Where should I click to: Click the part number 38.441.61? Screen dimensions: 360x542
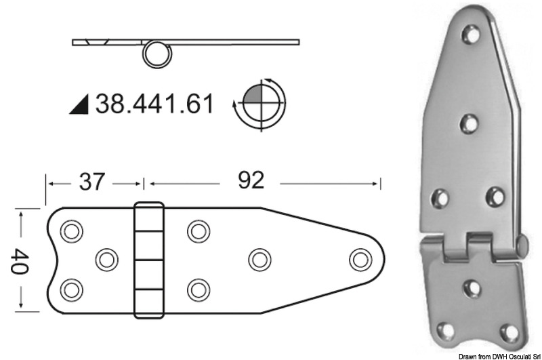[154, 104]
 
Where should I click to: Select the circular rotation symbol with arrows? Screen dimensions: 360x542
[258, 103]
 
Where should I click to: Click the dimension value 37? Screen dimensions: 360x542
[92, 181]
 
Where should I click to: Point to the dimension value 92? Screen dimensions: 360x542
[251, 180]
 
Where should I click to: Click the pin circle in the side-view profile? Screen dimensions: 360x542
[156, 54]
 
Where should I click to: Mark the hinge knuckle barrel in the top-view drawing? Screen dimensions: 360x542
[149, 260]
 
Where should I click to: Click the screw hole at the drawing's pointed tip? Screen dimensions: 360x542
[360, 259]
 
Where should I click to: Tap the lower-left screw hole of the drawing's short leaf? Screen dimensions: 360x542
[70, 290]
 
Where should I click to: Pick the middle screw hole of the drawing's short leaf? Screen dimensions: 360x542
[106, 259]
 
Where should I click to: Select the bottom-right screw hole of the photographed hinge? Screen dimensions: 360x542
[508, 333]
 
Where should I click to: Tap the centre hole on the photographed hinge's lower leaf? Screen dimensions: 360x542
[472, 287]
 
